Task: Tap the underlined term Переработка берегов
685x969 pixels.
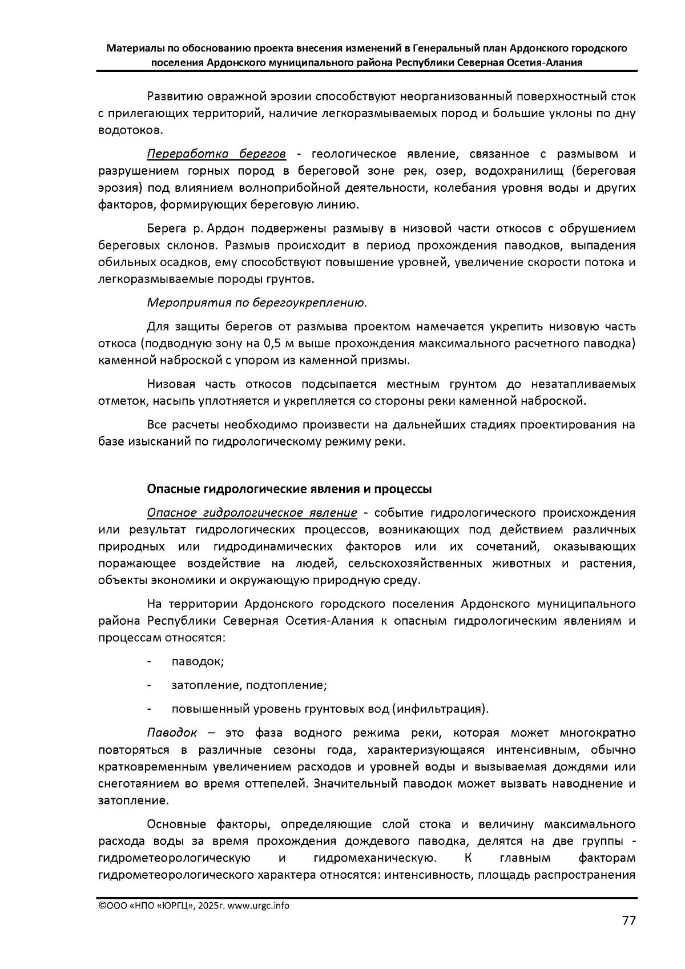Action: (x=216, y=154)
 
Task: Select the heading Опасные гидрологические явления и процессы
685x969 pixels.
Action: (x=289, y=489)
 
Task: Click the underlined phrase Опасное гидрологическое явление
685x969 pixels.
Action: (x=252, y=513)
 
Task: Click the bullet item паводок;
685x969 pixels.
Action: (x=198, y=661)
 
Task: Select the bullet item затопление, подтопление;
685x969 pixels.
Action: (x=249, y=685)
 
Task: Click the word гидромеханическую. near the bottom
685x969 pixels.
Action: (x=376, y=859)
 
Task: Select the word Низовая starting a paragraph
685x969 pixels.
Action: (x=171, y=384)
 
